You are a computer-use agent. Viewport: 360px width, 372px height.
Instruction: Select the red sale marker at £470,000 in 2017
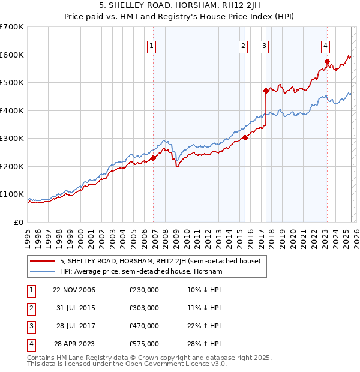pos(265,91)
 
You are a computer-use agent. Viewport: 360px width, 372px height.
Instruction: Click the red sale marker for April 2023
pos(327,61)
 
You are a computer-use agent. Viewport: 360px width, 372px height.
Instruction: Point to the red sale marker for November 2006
pos(153,158)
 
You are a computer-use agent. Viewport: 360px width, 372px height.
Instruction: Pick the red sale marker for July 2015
pos(245,138)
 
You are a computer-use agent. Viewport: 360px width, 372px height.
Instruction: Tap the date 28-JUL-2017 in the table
pos(74,326)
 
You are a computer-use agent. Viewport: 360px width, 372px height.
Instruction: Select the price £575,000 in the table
pos(144,344)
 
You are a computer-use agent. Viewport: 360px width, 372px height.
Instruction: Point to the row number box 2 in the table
pos(30,308)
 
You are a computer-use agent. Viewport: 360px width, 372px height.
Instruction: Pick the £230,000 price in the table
pos(144,290)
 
